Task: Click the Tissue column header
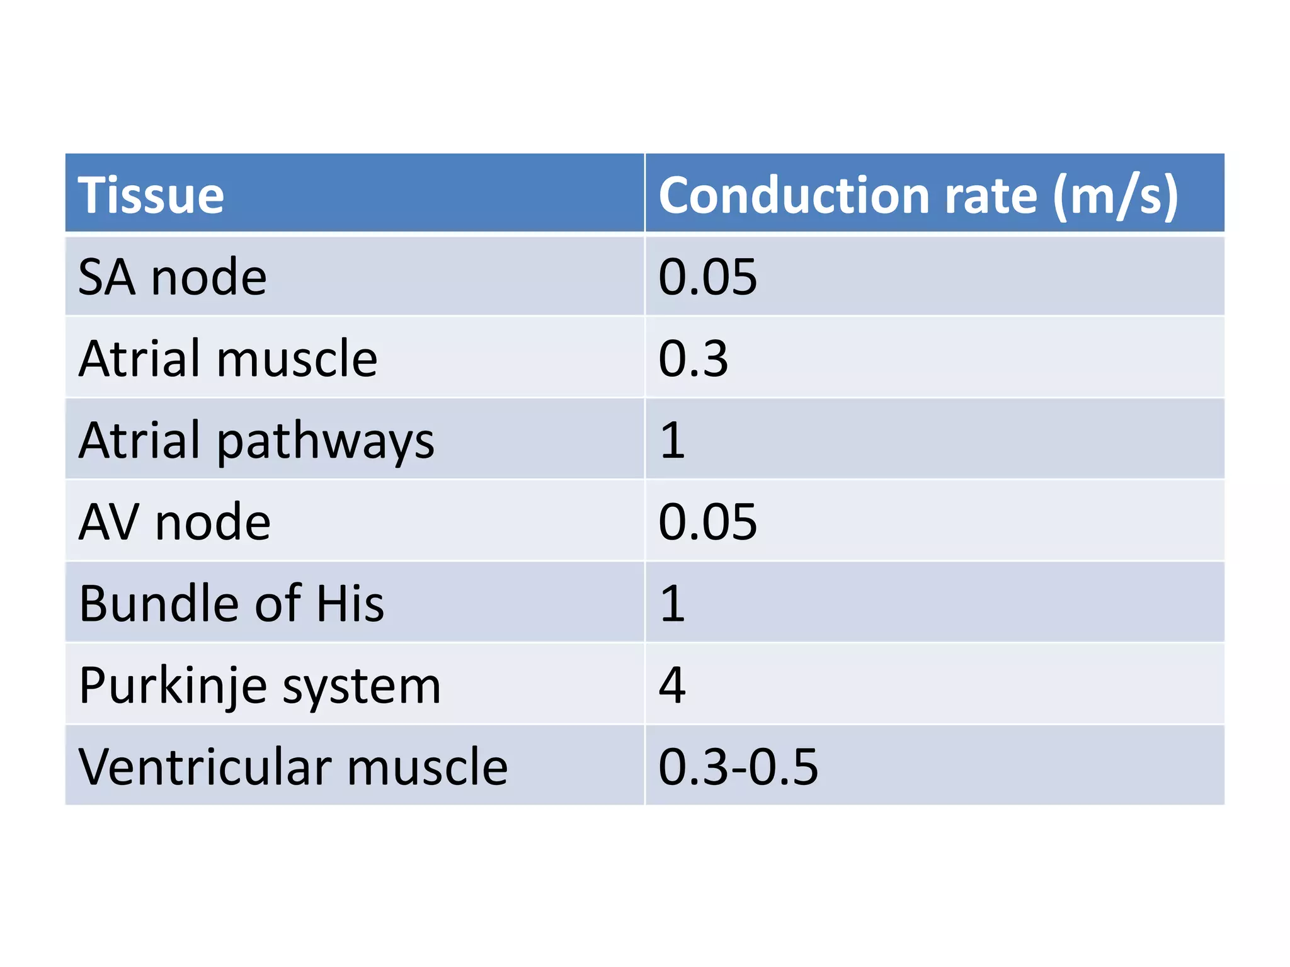151,195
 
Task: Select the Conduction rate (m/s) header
918,195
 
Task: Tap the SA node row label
173,277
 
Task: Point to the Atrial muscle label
228,358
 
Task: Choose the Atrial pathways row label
256,440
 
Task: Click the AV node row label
174,522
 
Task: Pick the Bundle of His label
231,603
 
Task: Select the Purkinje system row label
260,685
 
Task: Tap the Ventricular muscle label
293,767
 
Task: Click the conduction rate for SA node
707,277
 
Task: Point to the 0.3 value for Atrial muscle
693,358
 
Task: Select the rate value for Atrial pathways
672,440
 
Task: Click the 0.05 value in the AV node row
707,522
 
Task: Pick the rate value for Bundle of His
672,603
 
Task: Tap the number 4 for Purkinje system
672,685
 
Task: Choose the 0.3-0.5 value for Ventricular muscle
738,767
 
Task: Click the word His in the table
350,603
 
